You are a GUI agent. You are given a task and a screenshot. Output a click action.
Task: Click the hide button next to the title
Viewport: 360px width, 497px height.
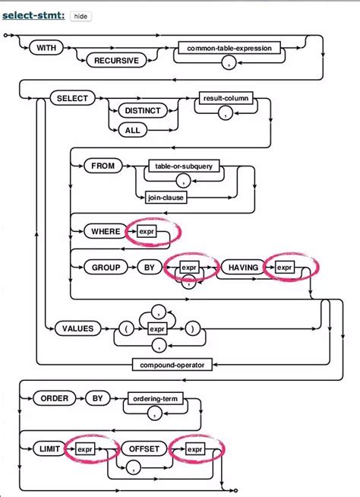tap(80, 15)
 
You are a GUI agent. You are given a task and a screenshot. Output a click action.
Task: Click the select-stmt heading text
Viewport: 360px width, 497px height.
tap(33, 15)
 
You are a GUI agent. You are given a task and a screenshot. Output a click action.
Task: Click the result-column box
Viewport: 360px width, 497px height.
tap(225, 99)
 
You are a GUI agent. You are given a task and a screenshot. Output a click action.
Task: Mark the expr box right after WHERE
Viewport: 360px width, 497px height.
tap(146, 231)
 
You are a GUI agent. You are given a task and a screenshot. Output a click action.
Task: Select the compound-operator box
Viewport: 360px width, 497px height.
tap(174, 366)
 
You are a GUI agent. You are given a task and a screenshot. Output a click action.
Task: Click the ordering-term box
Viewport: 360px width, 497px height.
tap(155, 397)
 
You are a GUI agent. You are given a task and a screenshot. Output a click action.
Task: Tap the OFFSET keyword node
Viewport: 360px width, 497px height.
tap(144, 449)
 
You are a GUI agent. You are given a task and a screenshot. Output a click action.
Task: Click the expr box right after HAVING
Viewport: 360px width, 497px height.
tap(285, 267)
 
